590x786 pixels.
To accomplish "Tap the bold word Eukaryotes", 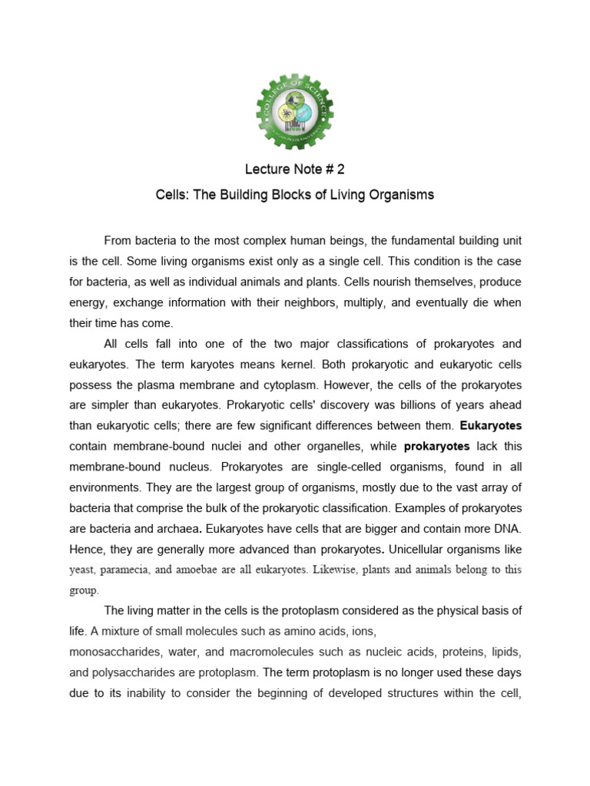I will (x=489, y=424).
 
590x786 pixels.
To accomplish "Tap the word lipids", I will (x=506, y=652).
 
